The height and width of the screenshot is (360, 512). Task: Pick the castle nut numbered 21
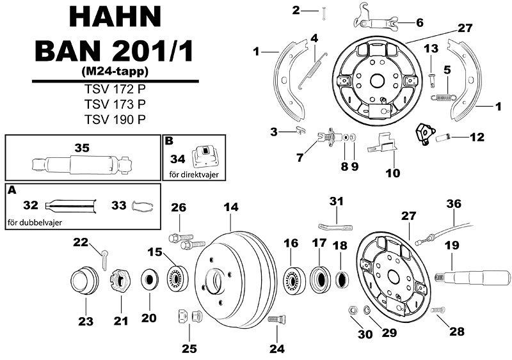tap(118, 281)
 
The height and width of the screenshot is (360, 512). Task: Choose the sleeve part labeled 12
tap(444, 137)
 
